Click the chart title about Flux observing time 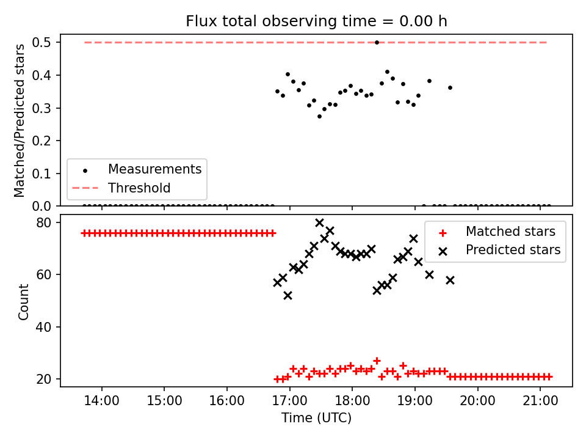316,21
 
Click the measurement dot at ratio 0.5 377,43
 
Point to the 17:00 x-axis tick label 289,401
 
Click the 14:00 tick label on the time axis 102,401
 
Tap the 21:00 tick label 540,401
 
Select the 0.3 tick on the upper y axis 42,108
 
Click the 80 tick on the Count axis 44,222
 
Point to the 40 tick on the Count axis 44,326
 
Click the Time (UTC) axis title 316,417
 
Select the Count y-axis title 23,302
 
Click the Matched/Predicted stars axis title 19,120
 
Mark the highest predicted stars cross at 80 319,222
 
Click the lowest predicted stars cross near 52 288,296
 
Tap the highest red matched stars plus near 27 377,361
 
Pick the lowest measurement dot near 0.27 319,116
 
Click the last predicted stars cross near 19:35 450,280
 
